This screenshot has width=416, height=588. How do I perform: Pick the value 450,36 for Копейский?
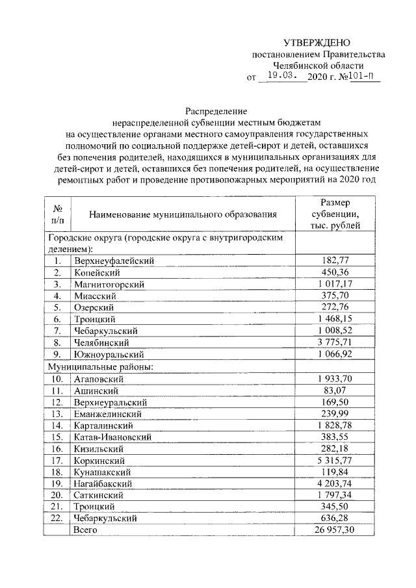click(335, 272)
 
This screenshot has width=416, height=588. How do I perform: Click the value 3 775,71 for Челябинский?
click(335, 342)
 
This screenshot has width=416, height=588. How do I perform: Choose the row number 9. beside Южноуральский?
click(57, 354)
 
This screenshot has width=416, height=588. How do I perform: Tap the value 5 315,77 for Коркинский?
click(335, 460)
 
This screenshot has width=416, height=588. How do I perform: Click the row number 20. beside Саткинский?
click(57, 495)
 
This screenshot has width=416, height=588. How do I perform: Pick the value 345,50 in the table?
click(335, 507)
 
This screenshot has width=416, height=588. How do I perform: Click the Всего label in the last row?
click(85, 530)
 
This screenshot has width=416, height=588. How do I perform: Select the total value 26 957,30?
click(335, 530)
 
